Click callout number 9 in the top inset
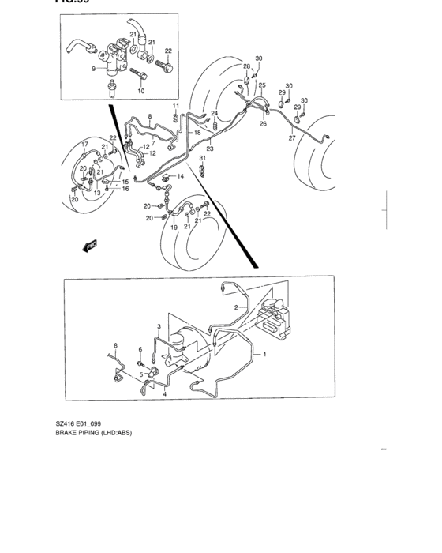[x=93, y=69]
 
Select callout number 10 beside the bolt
[x=141, y=92]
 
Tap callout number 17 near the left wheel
[x=84, y=143]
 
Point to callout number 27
[x=292, y=138]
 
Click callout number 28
[x=246, y=66]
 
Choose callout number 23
[x=210, y=149]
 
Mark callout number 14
[x=181, y=175]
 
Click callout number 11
[x=176, y=106]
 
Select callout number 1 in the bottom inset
[x=265, y=355]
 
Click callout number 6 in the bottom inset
[x=140, y=349]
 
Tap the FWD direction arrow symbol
[x=89, y=246]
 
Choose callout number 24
[x=214, y=113]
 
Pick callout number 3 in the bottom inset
[x=158, y=325]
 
